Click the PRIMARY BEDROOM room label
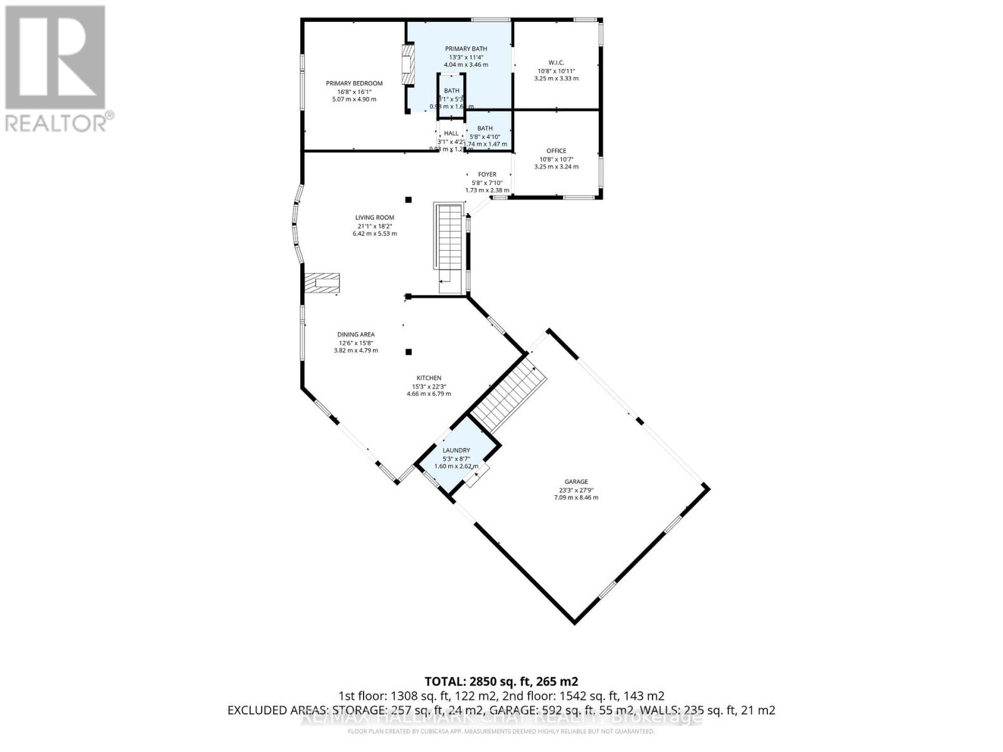point(354,83)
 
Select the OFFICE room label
point(556,151)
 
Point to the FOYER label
point(487,175)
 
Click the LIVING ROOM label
point(374,218)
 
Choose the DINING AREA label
point(355,335)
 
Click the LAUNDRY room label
point(456,451)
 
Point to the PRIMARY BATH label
point(466,49)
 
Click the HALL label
point(451,133)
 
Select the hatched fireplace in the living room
point(322,283)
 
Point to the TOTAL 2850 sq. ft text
point(501,681)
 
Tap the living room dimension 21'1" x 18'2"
point(374,226)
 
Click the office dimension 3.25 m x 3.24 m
point(556,167)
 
